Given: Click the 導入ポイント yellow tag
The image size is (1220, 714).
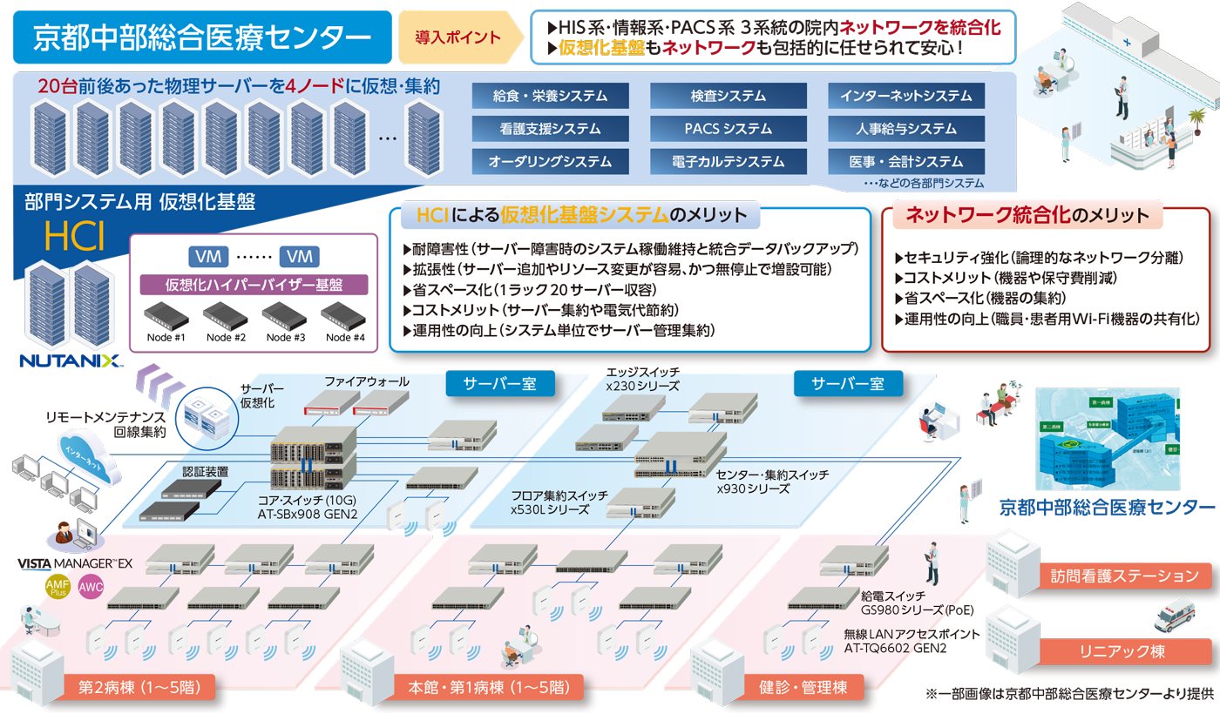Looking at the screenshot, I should pyautogui.click(x=458, y=37).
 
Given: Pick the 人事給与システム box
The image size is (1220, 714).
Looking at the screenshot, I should pyautogui.click(x=905, y=129).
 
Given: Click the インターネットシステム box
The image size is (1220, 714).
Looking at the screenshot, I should pyautogui.click(x=905, y=96).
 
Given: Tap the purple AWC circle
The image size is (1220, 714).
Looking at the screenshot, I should pyautogui.click(x=91, y=587).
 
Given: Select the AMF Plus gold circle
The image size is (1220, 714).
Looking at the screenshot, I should pyautogui.click(x=58, y=589).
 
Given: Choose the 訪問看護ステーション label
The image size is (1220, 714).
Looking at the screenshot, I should pyautogui.click(x=1125, y=576).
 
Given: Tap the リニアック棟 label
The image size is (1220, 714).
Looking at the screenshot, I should pyautogui.click(x=1125, y=651).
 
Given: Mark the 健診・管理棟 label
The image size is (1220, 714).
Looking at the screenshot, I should pyautogui.click(x=803, y=687).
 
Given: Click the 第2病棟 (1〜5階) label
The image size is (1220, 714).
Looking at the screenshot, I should pyautogui.click(x=139, y=687).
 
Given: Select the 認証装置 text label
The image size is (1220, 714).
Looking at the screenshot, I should pyautogui.click(x=205, y=471).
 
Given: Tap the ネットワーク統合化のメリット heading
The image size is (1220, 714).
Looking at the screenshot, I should pyautogui.click(x=1027, y=215).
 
